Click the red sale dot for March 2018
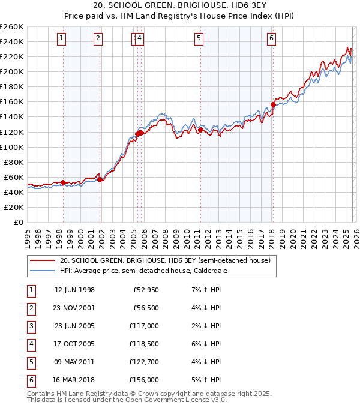point(273,104)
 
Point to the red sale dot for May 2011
point(200,130)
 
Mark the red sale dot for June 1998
point(64,182)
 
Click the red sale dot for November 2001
point(100,179)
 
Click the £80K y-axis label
point(14,162)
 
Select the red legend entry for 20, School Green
point(165,261)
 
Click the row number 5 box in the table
point(31,362)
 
